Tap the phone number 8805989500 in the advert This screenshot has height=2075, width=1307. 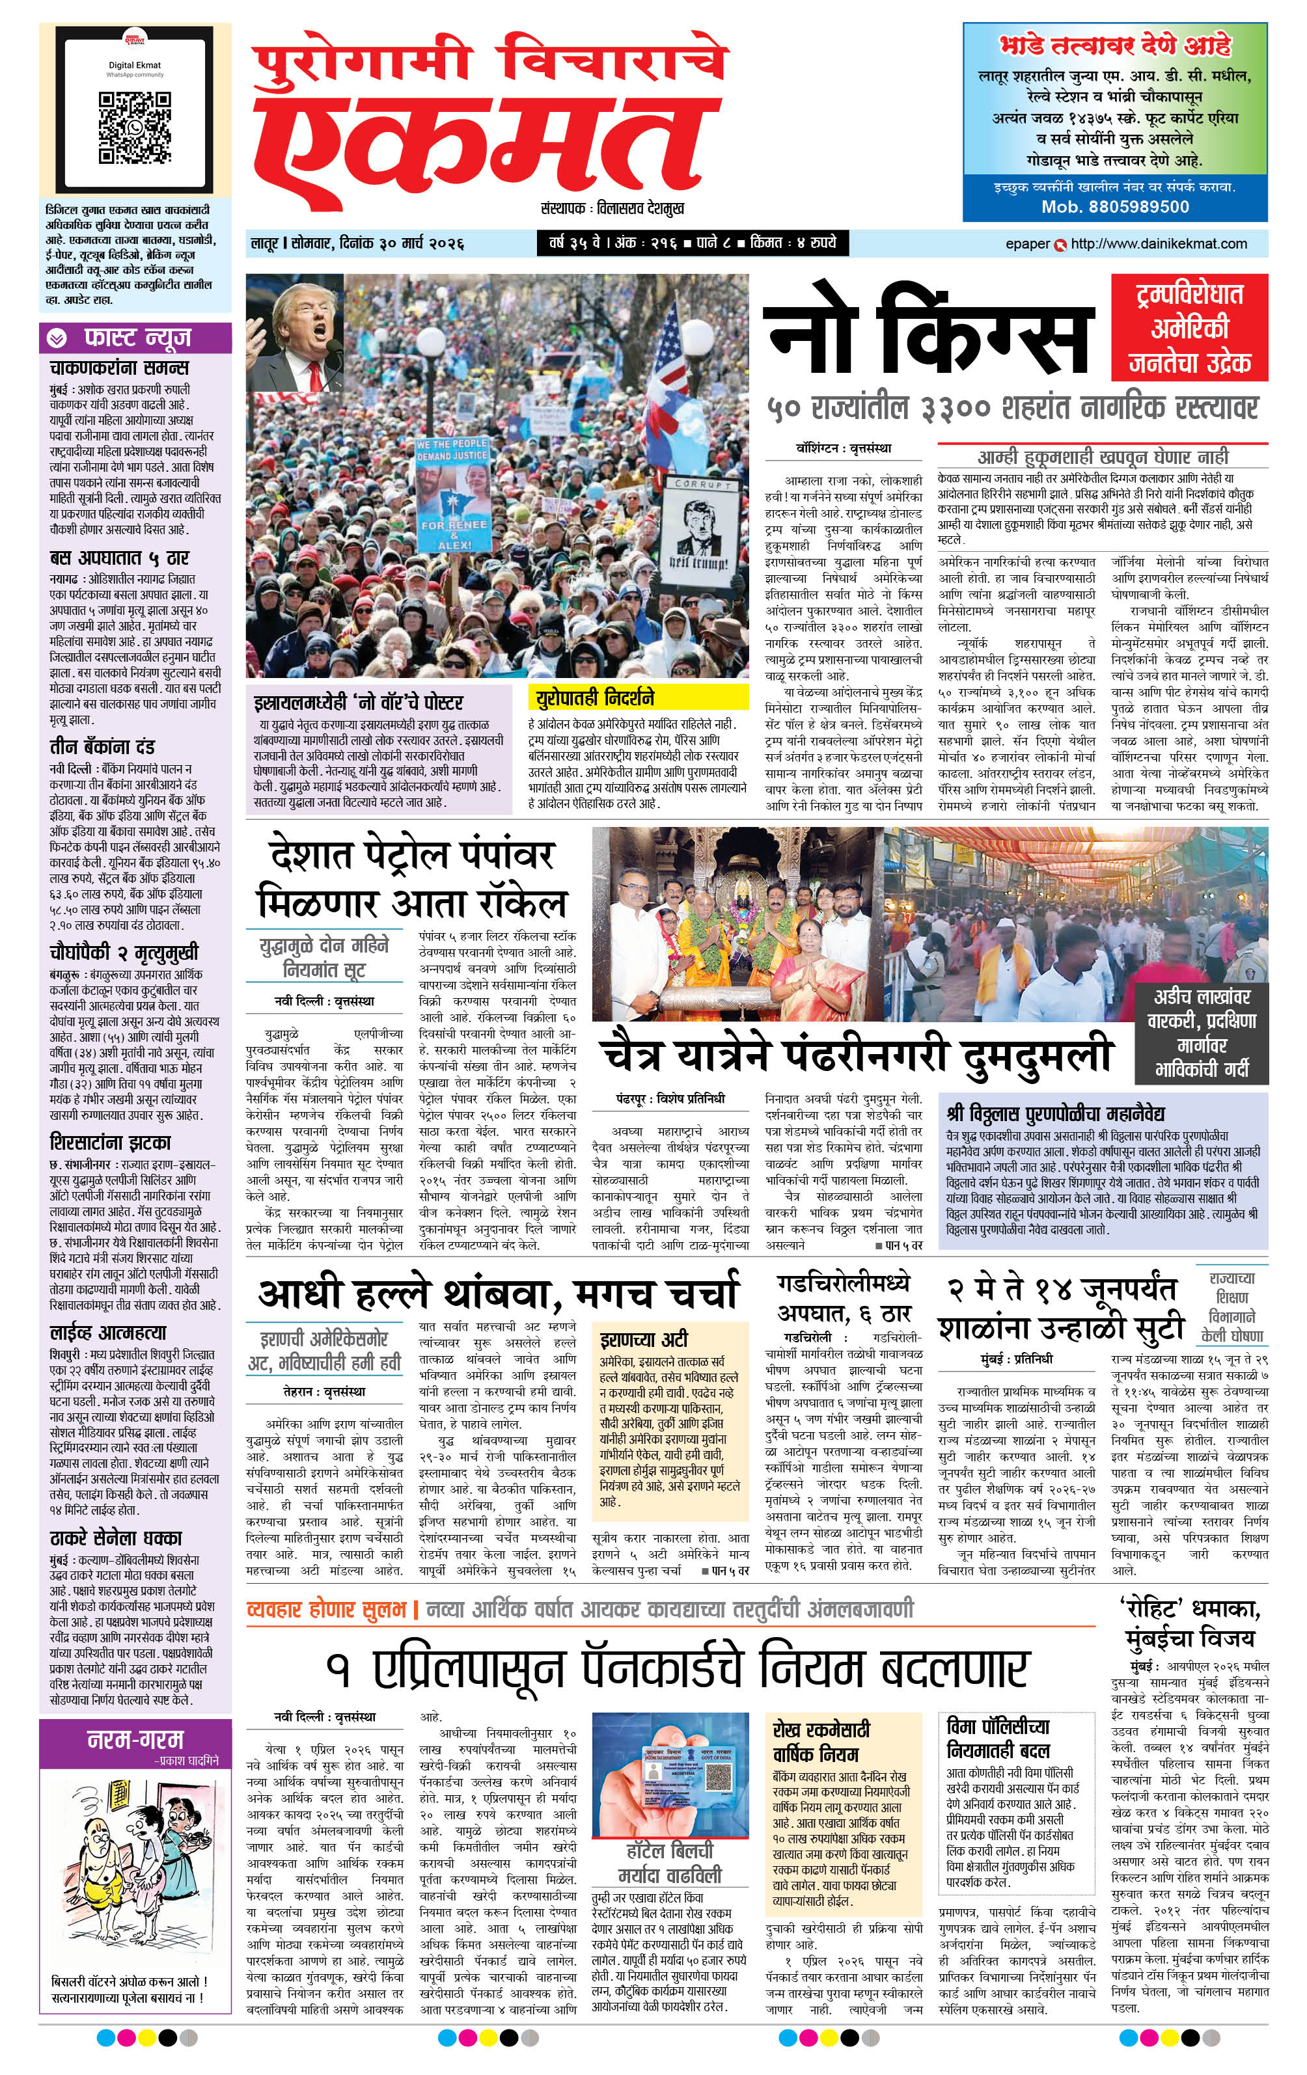(1115, 207)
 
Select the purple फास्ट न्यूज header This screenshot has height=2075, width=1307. (135, 337)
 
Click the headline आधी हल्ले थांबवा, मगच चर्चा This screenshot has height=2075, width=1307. (499, 1293)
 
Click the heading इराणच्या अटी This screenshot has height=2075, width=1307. (643, 1339)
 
